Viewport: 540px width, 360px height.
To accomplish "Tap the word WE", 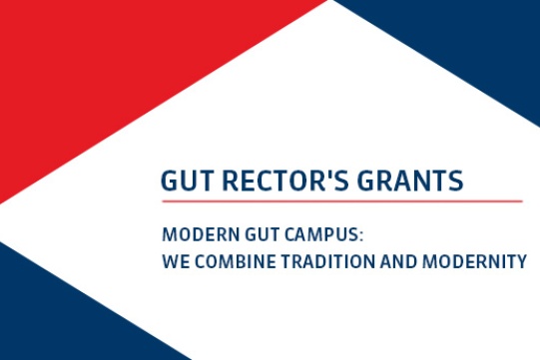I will (x=173, y=262).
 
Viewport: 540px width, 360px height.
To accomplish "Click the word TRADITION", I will (x=318, y=262).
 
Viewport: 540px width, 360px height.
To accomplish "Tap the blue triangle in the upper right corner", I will (x=469, y=50).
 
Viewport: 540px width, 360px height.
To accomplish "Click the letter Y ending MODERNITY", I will (x=520, y=262).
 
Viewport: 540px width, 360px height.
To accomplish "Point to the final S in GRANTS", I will (x=456, y=180).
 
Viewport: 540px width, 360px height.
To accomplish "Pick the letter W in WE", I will (x=169, y=262).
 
